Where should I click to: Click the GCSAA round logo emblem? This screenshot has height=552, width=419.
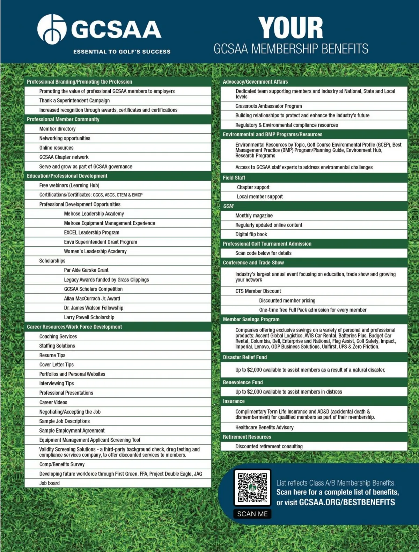52,29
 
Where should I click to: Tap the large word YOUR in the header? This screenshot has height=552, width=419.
291,28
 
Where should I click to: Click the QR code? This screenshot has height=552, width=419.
252,487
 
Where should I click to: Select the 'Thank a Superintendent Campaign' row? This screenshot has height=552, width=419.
74,100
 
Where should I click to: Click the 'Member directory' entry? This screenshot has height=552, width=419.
57,129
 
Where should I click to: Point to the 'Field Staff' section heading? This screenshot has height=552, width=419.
234,178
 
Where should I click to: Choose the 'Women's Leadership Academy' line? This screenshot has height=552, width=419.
95,251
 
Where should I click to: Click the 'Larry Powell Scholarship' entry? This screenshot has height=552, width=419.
89,317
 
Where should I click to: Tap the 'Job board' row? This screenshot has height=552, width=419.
49,483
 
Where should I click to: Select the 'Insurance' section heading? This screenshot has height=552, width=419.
234,401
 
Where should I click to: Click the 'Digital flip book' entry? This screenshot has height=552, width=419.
251,234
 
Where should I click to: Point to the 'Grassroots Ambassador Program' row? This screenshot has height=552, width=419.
269,106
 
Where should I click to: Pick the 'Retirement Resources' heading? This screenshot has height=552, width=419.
247,437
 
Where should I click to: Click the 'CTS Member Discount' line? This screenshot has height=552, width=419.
258,291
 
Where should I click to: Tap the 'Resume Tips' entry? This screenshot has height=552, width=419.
52,355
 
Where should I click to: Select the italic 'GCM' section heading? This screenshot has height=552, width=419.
228,206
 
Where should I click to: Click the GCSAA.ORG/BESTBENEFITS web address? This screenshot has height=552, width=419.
347,502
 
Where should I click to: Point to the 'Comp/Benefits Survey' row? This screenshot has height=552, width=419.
62,464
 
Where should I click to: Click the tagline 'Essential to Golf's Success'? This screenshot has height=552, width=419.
122,52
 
